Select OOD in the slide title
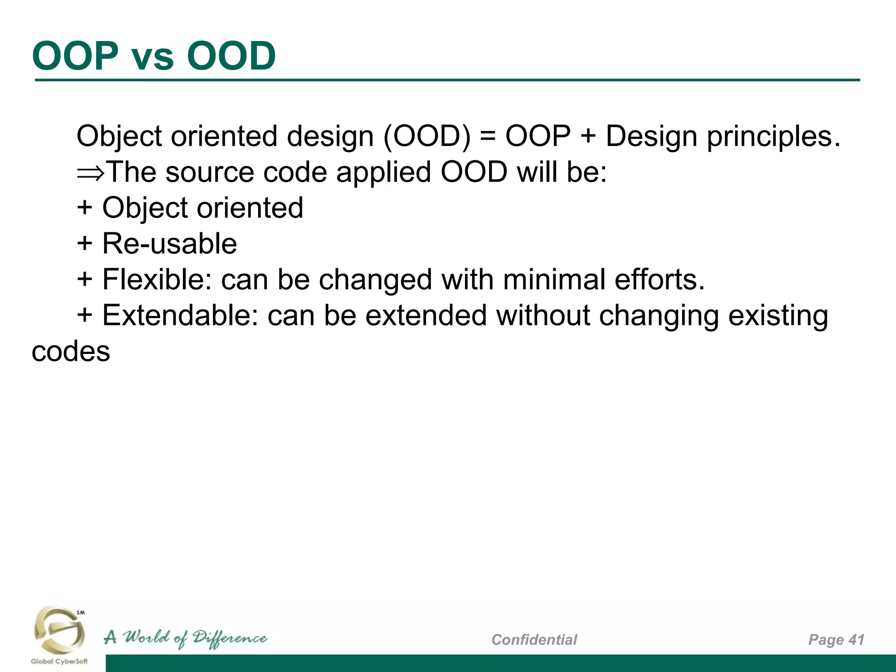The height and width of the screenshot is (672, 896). click(x=231, y=56)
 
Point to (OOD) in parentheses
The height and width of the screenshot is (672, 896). click(x=427, y=136)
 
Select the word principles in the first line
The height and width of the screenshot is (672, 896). click(x=773, y=137)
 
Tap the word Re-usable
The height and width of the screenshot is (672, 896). click(x=169, y=244)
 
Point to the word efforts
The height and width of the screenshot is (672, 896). click(x=659, y=280)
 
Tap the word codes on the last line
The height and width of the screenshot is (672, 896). click(x=71, y=352)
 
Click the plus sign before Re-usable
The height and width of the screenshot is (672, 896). click(x=84, y=244)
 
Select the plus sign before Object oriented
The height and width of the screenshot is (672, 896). click(x=84, y=208)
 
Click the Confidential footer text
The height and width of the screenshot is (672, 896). click(x=534, y=640)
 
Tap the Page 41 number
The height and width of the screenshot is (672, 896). click(x=836, y=640)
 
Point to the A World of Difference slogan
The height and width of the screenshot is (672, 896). click(x=185, y=638)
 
